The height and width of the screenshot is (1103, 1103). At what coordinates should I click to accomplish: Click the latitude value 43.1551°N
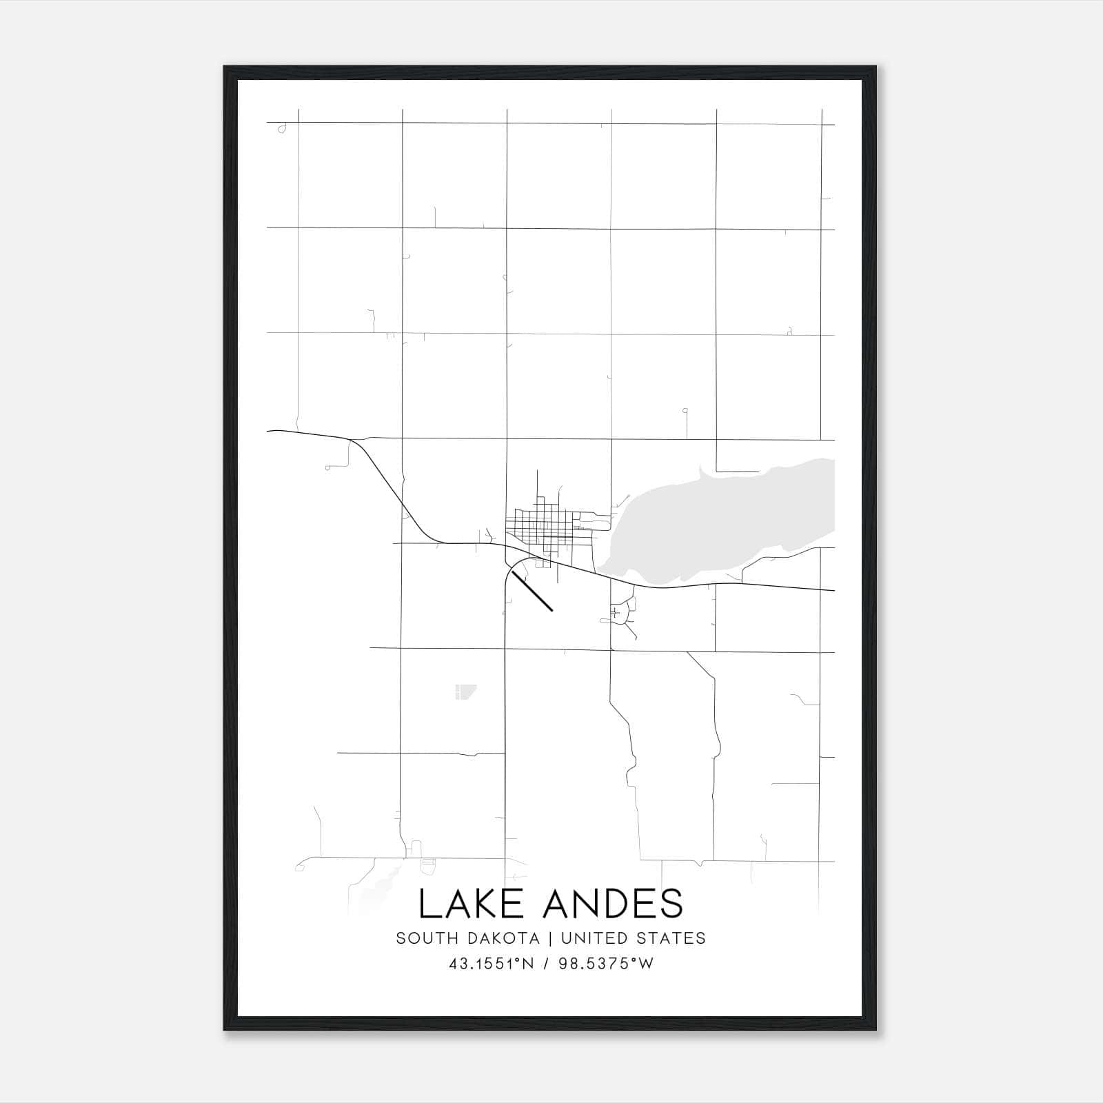point(492,964)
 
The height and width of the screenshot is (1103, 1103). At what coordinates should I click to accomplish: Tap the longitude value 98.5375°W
point(606,964)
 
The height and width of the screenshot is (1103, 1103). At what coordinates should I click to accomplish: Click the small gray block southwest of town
point(464,691)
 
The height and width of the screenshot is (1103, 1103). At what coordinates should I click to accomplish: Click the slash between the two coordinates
point(546,964)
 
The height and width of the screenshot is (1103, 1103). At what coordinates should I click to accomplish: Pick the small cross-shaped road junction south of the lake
point(614,612)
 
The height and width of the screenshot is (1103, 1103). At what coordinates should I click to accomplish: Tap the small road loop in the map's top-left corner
point(282,129)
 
